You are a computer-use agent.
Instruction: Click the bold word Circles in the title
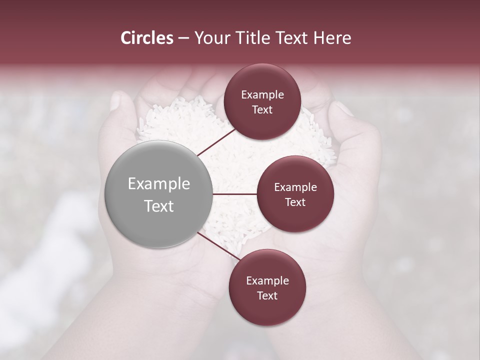tap(146, 38)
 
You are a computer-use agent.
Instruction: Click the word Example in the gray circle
tap(159, 184)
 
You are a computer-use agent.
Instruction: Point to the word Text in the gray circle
tap(159, 206)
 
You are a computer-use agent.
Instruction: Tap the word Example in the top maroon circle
tap(262, 95)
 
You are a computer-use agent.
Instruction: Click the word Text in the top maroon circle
tap(262, 109)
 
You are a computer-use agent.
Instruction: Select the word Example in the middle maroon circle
tap(295, 187)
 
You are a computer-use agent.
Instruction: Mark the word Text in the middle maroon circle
tap(295, 202)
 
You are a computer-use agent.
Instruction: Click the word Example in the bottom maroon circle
tap(267, 281)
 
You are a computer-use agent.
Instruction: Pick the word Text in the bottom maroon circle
tap(267, 295)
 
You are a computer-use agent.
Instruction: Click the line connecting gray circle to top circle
tap(216, 142)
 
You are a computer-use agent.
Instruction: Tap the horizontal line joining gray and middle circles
tap(234, 194)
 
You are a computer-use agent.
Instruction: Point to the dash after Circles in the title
tap(183, 38)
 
